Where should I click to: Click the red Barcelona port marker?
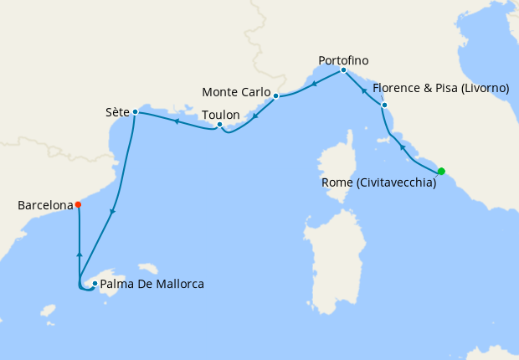pyautogui.click(x=78, y=204)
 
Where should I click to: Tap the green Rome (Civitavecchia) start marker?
pyautogui.click(x=441, y=172)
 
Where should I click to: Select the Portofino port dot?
pyautogui.click(x=343, y=70)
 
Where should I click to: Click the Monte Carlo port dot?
pyautogui.click(x=275, y=96)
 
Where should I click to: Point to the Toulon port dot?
pyautogui.click(x=219, y=126)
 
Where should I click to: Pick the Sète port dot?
pyautogui.click(x=135, y=111)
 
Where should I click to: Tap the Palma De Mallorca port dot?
pyautogui.click(x=95, y=284)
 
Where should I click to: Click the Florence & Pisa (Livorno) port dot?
pyautogui.click(x=384, y=105)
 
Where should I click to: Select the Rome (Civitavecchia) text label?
pyautogui.click(x=378, y=183)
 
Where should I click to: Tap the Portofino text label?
pyautogui.click(x=343, y=60)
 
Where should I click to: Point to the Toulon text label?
pyautogui.click(x=221, y=115)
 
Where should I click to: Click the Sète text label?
pyautogui.click(x=117, y=111)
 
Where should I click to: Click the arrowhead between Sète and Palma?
pyautogui.click(x=112, y=211)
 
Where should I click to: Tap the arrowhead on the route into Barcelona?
pyautogui.click(x=79, y=253)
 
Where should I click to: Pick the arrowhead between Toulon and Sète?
pyautogui.click(x=176, y=121)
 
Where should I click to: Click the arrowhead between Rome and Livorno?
pyautogui.click(x=403, y=147)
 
